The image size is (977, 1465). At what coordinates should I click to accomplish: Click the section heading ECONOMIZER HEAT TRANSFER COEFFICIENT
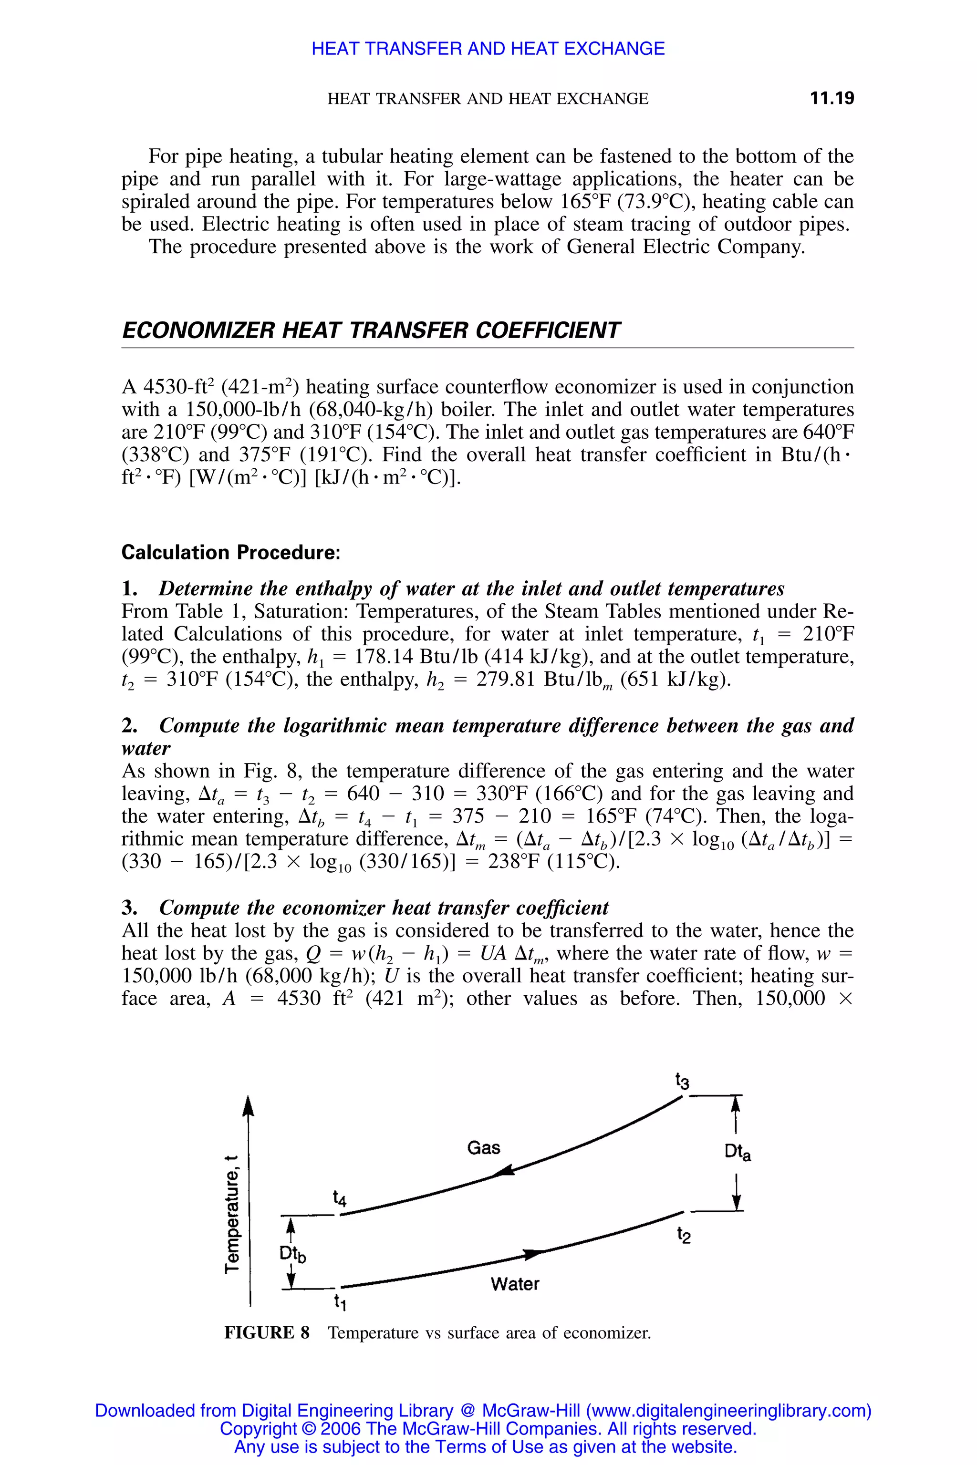click(371, 330)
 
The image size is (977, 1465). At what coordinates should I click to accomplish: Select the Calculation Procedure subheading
click(230, 553)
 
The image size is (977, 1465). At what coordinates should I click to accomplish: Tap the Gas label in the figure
click(484, 1148)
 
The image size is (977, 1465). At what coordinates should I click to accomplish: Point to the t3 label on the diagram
click(682, 1081)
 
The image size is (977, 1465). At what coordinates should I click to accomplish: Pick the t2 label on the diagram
click(684, 1235)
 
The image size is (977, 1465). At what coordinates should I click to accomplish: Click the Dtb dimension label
click(292, 1254)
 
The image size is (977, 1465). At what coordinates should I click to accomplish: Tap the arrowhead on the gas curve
click(504, 1173)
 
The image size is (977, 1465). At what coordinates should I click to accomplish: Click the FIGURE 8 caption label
click(267, 1333)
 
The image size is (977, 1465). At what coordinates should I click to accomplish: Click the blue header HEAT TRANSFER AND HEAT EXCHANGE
click(488, 49)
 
